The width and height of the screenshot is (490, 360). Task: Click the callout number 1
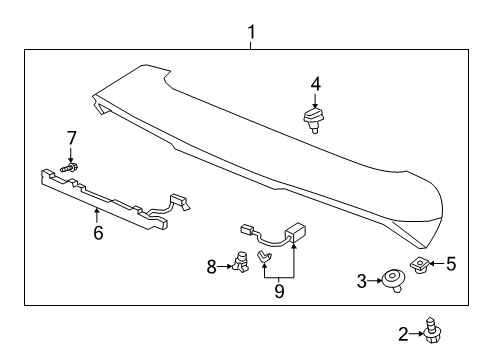[x=251, y=32]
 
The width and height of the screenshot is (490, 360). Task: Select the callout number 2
[x=404, y=335]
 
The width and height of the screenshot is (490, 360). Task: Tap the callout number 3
[x=362, y=283]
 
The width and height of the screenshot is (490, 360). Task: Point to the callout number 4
[x=315, y=85]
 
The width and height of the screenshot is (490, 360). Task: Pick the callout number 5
[x=451, y=264]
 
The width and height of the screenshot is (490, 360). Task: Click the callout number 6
[x=97, y=233]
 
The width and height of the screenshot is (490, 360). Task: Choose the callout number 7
[x=71, y=136]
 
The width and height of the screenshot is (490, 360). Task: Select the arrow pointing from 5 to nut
[x=436, y=265]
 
